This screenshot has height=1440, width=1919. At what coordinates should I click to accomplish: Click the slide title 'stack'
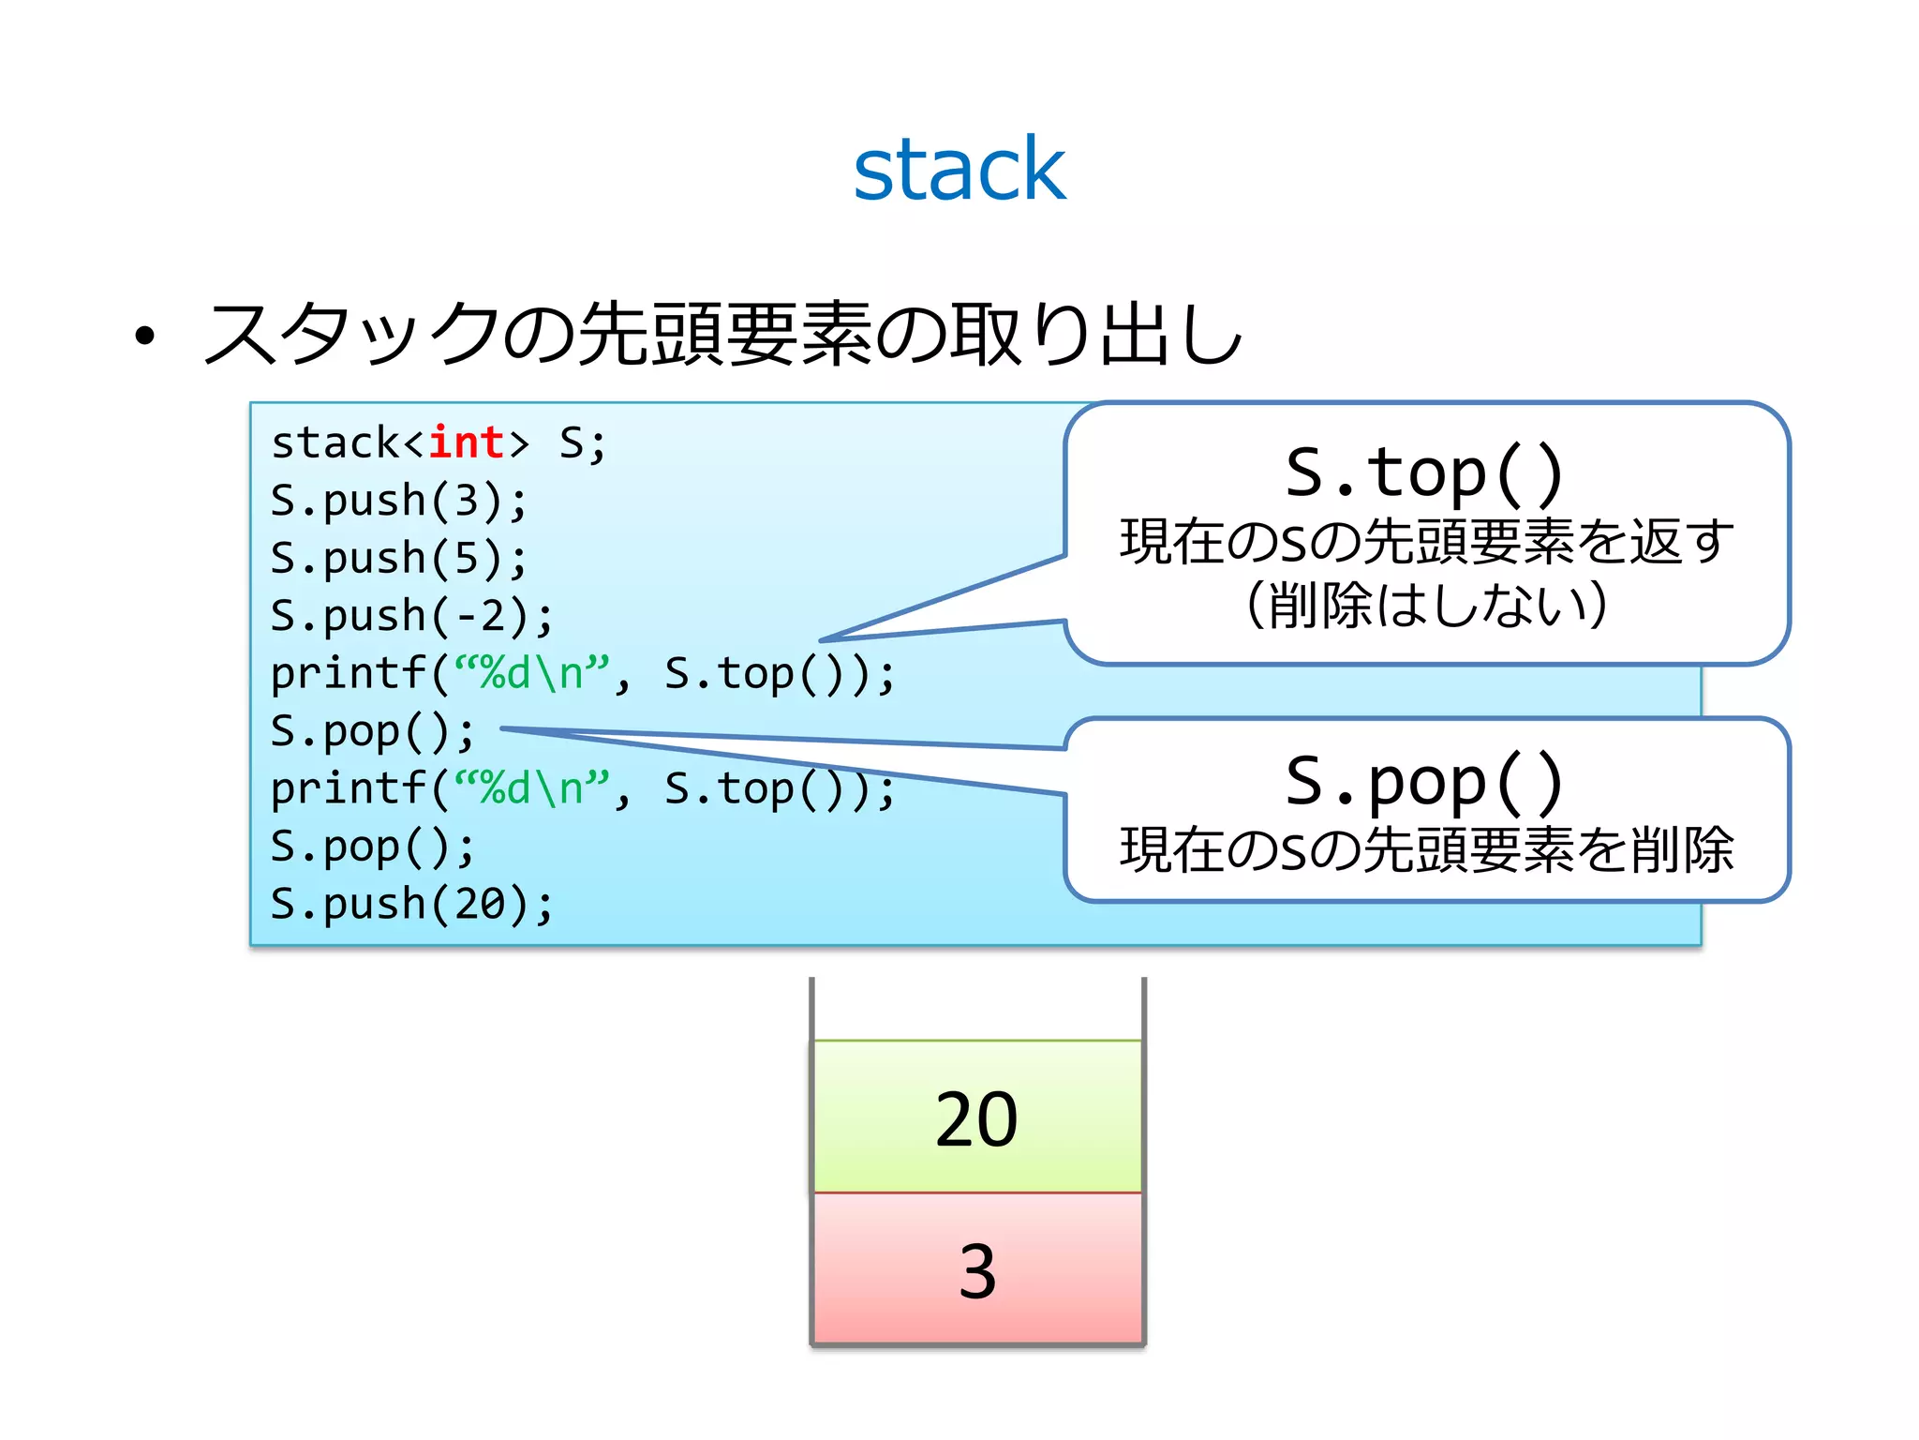tap(959, 170)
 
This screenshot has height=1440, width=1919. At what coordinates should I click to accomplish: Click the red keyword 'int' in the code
tap(466, 442)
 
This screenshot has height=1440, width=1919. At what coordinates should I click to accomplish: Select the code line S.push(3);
tap(399, 501)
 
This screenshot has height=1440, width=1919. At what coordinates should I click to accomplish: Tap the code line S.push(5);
tap(399, 559)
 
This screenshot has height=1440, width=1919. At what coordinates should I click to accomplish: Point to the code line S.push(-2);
tap(412, 616)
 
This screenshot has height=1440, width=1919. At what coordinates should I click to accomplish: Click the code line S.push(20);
tap(412, 904)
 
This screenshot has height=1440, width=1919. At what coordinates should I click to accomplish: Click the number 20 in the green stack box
tap(976, 1119)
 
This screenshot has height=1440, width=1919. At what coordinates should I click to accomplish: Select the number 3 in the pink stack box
tap(976, 1272)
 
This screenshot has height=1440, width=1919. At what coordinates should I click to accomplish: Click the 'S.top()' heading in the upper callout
tap(1425, 472)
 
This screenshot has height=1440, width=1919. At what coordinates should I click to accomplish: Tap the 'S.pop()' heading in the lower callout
tap(1425, 781)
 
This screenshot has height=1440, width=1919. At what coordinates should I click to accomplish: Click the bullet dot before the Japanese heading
tap(143, 336)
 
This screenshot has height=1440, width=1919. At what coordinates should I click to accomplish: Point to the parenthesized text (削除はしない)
tap(1425, 605)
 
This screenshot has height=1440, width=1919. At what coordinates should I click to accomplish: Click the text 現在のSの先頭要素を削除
tap(1425, 850)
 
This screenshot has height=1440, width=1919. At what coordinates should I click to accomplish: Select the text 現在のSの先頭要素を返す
tap(1425, 541)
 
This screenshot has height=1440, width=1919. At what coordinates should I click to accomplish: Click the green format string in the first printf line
tap(531, 673)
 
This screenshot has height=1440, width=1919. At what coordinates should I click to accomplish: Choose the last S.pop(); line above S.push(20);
tap(373, 847)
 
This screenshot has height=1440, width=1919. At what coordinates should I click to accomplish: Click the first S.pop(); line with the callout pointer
tap(373, 731)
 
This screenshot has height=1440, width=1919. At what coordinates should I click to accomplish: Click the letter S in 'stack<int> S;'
tap(572, 442)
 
